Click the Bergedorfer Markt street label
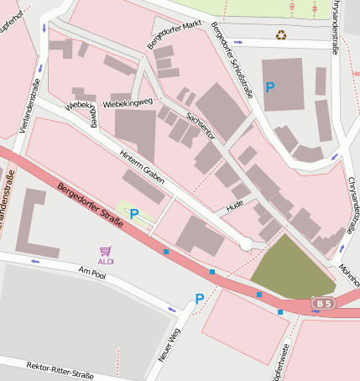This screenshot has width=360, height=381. coord(176,33)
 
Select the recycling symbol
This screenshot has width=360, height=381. coord(281,35)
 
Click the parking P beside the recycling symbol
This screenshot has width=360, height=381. coord(270,86)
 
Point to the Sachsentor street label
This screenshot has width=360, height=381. coord(201,126)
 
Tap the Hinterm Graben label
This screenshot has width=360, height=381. coord(142,167)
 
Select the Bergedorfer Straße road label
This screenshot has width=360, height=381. coord(91,207)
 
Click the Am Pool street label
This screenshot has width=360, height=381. coord(91,273)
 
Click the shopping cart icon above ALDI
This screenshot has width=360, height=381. coord(106,251)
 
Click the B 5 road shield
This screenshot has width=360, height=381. coord(323,302)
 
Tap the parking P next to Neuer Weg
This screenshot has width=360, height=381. coord(200,298)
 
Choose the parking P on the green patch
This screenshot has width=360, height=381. coord(133,214)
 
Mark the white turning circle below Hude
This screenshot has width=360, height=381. coord(246,244)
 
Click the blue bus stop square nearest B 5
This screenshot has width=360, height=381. coord(280,312)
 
